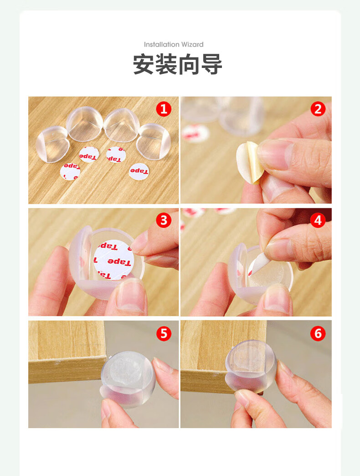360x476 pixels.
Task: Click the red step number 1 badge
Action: coord(164,109)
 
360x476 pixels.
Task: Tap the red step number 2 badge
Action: coord(318,109)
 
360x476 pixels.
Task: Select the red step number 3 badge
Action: coord(164,220)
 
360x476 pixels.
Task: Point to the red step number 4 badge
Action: coord(318,220)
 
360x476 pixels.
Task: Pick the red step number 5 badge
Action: coord(164,333)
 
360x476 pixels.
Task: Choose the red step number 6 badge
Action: coord(318,333)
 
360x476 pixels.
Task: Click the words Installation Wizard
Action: coord(174,45)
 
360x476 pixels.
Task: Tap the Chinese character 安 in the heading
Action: coord(144,64)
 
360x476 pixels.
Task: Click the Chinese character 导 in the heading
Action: coord(212,64)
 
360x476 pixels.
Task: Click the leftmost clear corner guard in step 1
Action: coord(52,144)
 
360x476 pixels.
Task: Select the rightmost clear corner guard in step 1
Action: coord(154,141)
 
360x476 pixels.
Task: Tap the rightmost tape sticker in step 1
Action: coord(139,171)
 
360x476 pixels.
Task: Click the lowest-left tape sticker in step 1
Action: coord(70,171)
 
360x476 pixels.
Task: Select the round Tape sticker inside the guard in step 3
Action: coord(113,260)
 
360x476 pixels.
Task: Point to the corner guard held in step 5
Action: coord(129,378)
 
